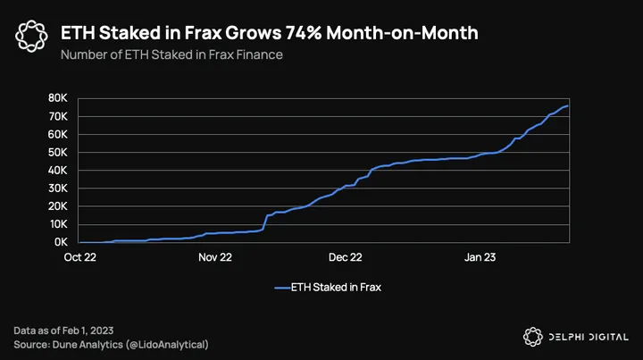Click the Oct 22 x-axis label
tap(80, 256)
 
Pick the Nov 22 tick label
tap(213, 256)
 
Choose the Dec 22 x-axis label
tap(345, 256)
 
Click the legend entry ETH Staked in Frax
tap(328, 288)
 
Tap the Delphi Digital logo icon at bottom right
tap(533, 336)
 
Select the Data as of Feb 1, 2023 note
tap(63, 331)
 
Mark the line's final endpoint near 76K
tap(569, 105)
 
